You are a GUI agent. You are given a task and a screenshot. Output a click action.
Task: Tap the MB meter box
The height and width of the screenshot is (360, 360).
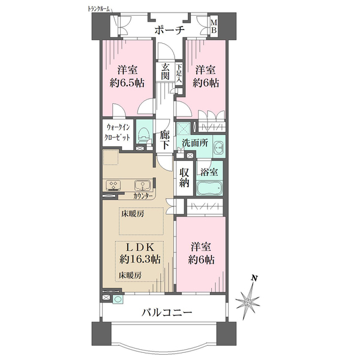point(214,27)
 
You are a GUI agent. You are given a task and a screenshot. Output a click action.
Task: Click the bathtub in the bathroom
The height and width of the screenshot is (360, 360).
point(211,188)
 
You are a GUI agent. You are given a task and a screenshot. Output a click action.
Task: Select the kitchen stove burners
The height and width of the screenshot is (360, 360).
point(113,185)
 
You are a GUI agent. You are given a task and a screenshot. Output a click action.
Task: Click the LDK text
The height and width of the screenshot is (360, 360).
point(139,247)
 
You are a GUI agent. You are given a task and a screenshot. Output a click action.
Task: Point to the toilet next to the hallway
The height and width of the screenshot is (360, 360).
point(143,134)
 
